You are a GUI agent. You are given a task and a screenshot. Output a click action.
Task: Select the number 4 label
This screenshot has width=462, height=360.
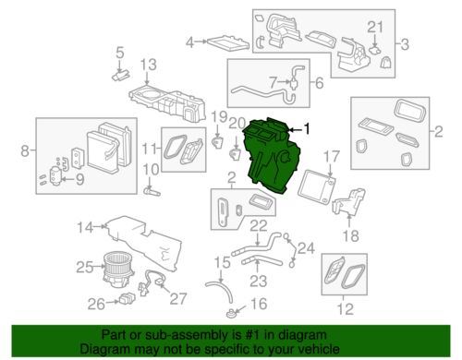click(x=190, y=42)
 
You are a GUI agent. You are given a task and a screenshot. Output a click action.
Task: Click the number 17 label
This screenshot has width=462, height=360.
click(x=333, y=156)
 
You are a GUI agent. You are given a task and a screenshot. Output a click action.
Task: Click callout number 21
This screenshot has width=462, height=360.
click(x=373, y=25)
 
